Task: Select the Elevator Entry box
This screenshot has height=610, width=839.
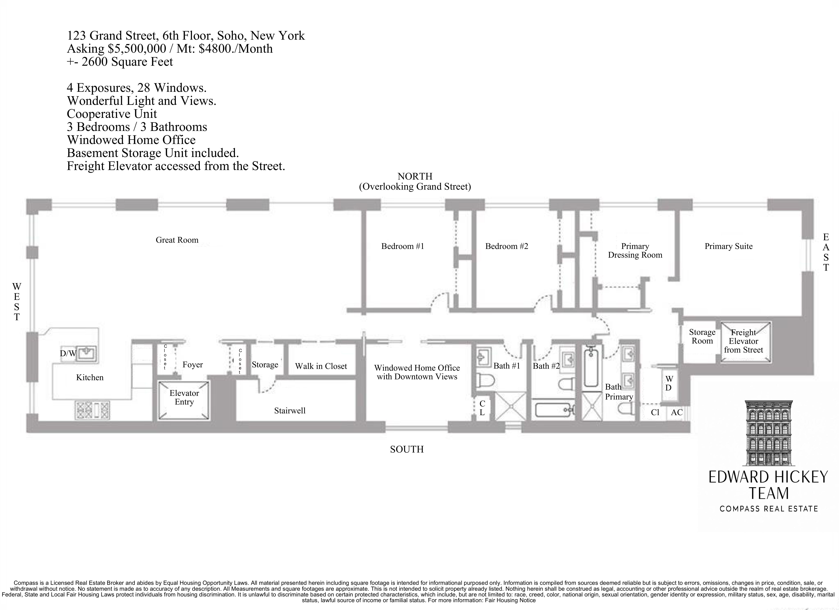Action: [x=184, y=400]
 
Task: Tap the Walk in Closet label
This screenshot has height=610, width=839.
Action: [x=321, y=366]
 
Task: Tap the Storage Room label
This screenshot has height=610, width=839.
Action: [x=702, y=337]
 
